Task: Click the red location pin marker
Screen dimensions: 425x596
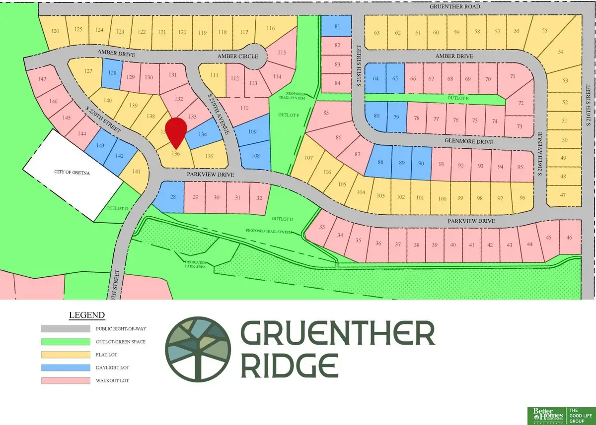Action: (176, 131)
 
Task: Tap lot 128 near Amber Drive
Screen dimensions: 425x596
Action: (113, 73)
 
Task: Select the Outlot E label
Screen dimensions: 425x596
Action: (465, 99)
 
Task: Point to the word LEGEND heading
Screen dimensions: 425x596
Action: (87, 315)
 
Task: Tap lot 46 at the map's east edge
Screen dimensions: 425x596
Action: (569, 238)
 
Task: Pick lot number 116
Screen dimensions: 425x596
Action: (271, 28)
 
